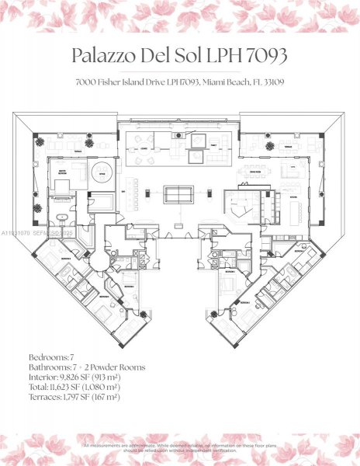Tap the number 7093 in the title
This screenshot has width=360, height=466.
tap(263, 56)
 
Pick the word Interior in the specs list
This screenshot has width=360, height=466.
tap(43, 376)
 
